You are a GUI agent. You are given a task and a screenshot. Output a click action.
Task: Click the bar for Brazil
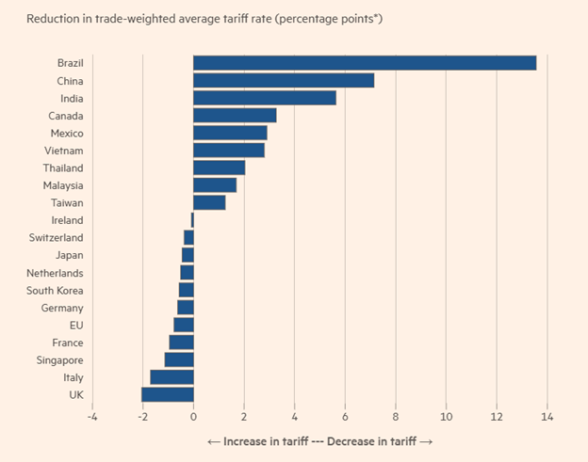click(365, 63)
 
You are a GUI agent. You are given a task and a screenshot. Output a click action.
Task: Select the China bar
click(284, 81)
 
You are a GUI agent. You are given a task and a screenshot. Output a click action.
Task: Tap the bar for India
click(265, 98)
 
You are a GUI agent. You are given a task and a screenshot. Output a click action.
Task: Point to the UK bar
click(168, 394)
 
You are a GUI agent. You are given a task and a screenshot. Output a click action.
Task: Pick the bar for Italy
click(172, 377)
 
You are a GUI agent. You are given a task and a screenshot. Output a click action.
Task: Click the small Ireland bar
click(192, 220)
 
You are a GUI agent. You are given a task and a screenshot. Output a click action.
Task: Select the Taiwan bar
click(209, 202)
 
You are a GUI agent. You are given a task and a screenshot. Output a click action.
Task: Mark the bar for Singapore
click(179, 359)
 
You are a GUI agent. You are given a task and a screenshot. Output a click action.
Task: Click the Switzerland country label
click(56, 238)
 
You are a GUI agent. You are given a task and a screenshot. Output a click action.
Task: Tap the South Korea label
click(55, 291)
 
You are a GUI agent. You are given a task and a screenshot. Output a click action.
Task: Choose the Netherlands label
click(55, 273)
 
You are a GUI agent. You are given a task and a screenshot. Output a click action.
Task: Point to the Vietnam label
click(64, 151)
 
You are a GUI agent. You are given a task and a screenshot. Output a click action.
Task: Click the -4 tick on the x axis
click(92, 417)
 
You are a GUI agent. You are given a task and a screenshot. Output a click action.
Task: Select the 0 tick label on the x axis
click(193, 417)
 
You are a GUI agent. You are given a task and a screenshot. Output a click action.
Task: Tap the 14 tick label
click(547, 417)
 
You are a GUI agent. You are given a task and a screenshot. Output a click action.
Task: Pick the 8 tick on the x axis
click(396, 417)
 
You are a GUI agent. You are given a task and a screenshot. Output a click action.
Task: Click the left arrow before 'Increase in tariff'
click(214, 442)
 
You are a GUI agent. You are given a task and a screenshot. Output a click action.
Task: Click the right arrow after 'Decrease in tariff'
click(426, 442)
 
